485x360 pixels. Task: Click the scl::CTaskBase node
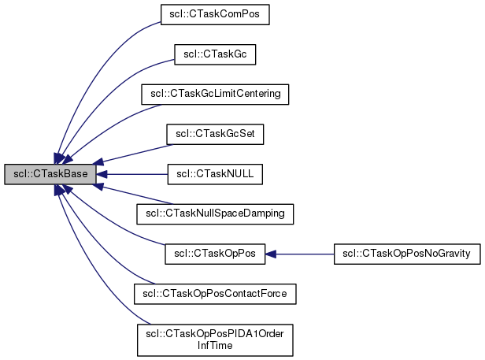(x=50, y=174)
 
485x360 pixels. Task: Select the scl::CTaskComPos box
(x=215, y=14)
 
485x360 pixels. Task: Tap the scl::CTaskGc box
(x=215, y=54)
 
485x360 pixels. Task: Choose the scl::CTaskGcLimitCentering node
(x=215, y=95)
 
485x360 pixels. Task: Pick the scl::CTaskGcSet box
(x=215, y=135)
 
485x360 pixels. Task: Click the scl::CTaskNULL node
(x=215, y=174)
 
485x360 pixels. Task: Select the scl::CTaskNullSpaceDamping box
(x=215, y=213)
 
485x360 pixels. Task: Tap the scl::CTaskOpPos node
(x=215, y=254)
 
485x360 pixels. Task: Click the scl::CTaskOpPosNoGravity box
(x=407, y=254)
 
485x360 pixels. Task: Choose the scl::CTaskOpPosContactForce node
(x=215, y=294)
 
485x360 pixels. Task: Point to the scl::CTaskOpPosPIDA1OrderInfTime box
(x=215, y=340)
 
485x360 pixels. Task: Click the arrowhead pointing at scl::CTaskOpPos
(x=271, y=254)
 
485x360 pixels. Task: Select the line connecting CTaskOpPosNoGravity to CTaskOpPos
(x=307, y=254)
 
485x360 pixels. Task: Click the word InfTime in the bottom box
(x=215, y=346)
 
